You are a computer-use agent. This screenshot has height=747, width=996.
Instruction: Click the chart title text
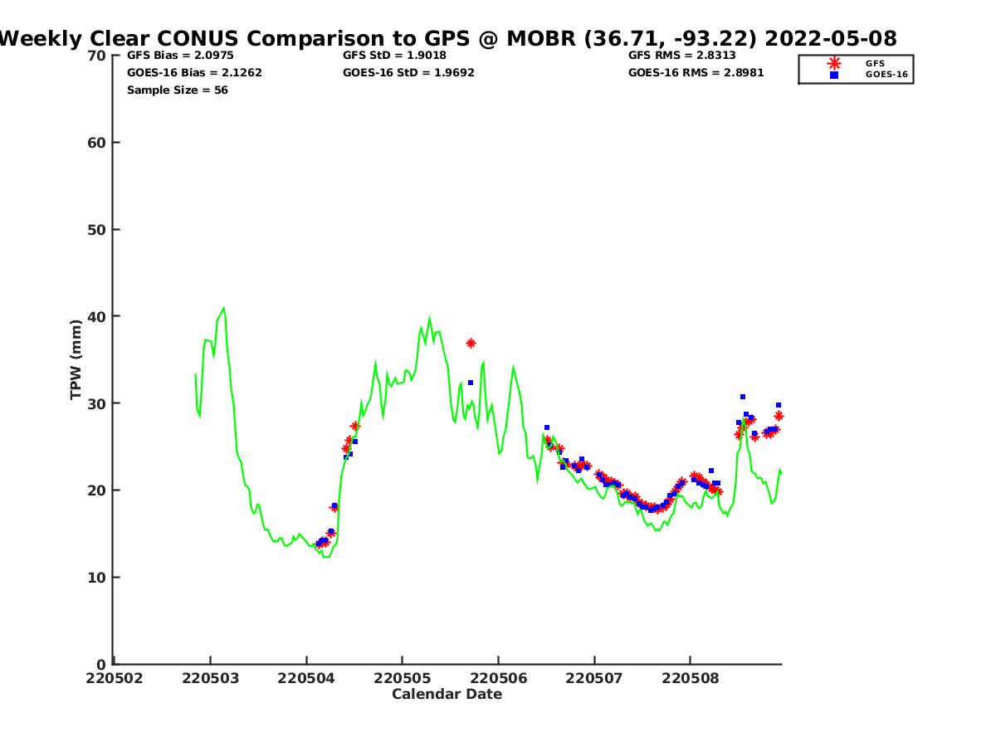448,38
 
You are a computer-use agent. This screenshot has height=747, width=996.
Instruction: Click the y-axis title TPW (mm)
76,359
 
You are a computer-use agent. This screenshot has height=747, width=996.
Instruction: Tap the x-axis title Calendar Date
447,694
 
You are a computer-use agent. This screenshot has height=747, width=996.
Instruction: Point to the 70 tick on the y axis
97,56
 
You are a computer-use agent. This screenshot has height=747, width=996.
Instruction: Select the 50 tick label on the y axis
97,230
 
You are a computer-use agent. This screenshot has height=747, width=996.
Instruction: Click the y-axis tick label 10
97,578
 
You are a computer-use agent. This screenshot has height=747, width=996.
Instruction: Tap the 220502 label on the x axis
115,678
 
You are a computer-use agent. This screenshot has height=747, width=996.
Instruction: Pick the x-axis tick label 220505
402,678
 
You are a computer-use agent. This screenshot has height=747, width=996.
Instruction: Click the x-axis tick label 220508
690,678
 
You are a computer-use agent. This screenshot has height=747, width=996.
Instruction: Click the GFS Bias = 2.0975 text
169,56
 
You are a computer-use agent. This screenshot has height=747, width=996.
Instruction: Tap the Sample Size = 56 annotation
177,90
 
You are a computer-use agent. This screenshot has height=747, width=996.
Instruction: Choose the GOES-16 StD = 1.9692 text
408,73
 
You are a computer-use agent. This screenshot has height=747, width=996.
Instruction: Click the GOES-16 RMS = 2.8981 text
696,73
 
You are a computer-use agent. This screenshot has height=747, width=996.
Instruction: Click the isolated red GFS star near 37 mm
471,343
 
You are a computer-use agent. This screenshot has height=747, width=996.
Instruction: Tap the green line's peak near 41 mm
223,308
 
